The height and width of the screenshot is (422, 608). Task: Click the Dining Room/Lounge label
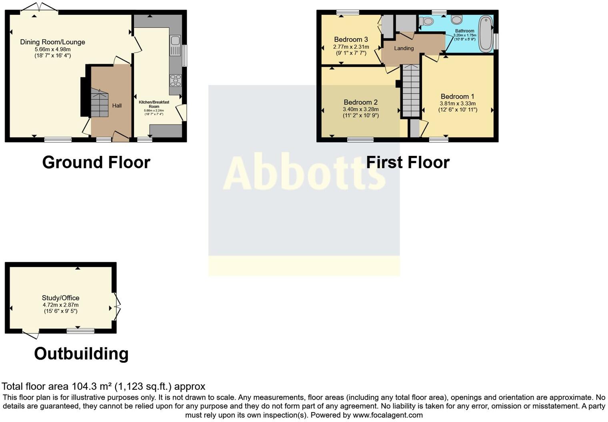coord(52,42)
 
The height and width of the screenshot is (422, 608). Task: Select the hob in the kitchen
coord(175,80)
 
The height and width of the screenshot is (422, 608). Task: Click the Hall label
coord(117,105)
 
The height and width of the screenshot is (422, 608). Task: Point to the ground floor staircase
coord(99,103)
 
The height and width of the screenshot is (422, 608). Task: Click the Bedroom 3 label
coord(351,39)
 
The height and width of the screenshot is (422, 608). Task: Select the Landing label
coord(404,48)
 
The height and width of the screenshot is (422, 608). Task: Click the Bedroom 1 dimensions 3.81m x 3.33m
coord(458,103)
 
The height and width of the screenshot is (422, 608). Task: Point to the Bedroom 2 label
coord(360,102)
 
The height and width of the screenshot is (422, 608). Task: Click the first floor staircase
coord(410,91)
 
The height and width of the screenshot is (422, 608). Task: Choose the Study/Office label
coord(60,298)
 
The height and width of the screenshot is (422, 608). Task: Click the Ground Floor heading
coord(96,162)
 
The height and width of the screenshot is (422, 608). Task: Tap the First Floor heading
coord(408,162)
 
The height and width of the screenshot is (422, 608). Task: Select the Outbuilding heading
coord(81,354)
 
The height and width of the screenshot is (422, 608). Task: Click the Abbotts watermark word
coord(304,173)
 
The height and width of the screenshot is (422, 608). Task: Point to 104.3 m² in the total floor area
coord(92,386)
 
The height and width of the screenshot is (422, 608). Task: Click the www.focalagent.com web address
coord(388,415)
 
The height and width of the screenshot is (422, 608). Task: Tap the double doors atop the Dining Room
coord(39,7)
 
